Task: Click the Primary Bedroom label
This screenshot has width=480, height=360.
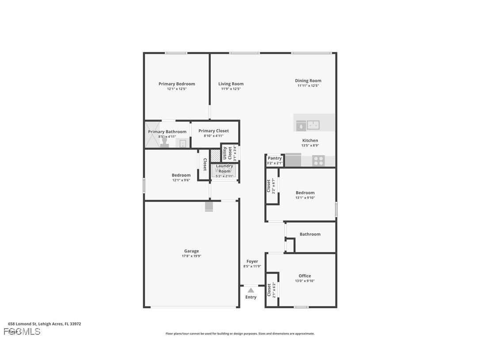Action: [177, 84]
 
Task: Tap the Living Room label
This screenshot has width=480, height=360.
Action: [231, 84]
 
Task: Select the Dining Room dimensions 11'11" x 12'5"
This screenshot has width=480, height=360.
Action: [308, 86]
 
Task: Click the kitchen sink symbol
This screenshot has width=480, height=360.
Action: [314, 126]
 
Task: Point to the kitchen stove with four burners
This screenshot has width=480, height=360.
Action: [319, 161]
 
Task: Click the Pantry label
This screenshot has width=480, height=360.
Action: [274, 158]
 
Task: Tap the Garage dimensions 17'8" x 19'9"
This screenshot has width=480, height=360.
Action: [191, 256]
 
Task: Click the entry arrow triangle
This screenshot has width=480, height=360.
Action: [251, 290]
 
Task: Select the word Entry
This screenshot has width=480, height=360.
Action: [251, 297]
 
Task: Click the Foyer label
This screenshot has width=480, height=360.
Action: [252, 261]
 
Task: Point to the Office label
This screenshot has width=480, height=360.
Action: [305, 276]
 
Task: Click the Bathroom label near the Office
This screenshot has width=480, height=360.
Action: [310, 234]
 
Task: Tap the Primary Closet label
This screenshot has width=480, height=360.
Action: [213, 130]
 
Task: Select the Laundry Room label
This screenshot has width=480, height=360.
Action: [225, 169]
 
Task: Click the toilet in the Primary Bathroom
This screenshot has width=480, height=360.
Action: [164, 142]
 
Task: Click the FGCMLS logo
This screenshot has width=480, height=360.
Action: [22, 331]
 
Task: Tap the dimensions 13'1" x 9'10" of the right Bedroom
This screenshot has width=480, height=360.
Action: [305, 198]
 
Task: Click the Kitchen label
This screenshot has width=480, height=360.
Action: [310, 140]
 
